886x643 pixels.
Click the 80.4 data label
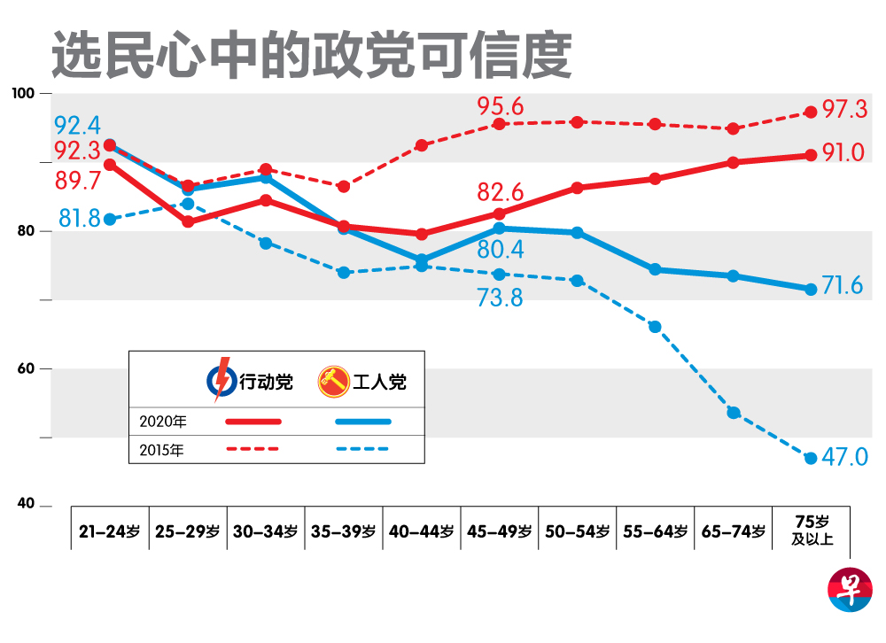click(x=500, y=250)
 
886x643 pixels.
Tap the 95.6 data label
click(x=500, y=107)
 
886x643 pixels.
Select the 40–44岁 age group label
click(x=422, y=531)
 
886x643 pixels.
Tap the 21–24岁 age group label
click(x=110, y=531)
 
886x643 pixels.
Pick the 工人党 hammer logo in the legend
click(x=334, y=382)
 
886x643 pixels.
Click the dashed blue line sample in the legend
click(x=363, y=449)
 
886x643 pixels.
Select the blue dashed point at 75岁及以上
click(x=810, y=458)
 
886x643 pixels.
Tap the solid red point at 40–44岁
click(x=422, y=235)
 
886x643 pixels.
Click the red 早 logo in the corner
click(x=849, y=592)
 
